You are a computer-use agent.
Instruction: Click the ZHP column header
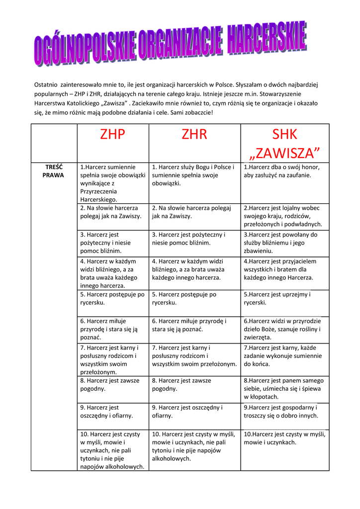click(x=112, y=134)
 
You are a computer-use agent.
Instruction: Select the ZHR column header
click(x=194, y=134)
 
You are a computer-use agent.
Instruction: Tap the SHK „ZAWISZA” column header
click(x=285, y=142)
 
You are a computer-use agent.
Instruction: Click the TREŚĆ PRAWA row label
click(x=53, y=171)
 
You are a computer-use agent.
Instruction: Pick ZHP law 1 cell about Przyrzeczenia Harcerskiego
click(x=112, y=183)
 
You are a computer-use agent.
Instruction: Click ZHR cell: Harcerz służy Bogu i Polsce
click(x=194, y=175)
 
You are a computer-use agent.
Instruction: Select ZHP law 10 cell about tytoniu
click(x=112, y=450)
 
